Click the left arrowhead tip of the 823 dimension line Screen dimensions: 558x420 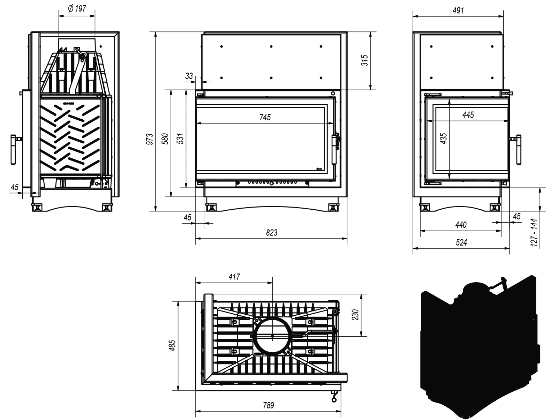(196, 239)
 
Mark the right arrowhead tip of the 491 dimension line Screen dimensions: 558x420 (503, 16)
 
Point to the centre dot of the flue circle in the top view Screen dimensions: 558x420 (272, 336)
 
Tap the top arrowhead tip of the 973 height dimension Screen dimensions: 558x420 (156, 32)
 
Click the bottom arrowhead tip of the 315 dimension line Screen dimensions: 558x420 (371, 90)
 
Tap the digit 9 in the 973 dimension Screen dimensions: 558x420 (150, 143)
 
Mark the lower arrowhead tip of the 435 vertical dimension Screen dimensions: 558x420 (450, 179)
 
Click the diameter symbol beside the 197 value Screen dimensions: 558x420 (71, 9)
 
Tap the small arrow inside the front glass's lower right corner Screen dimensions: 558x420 (319, 169)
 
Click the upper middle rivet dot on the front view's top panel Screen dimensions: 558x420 (271, 46)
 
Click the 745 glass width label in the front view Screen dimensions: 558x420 (265, 117)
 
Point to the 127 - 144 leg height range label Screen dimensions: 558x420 (534, 233)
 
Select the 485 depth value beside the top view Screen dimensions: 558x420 (172, 345)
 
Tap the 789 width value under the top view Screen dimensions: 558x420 (269, 405)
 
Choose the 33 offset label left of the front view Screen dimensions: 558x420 (189, 76)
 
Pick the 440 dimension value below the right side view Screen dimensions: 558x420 (461, 225)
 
